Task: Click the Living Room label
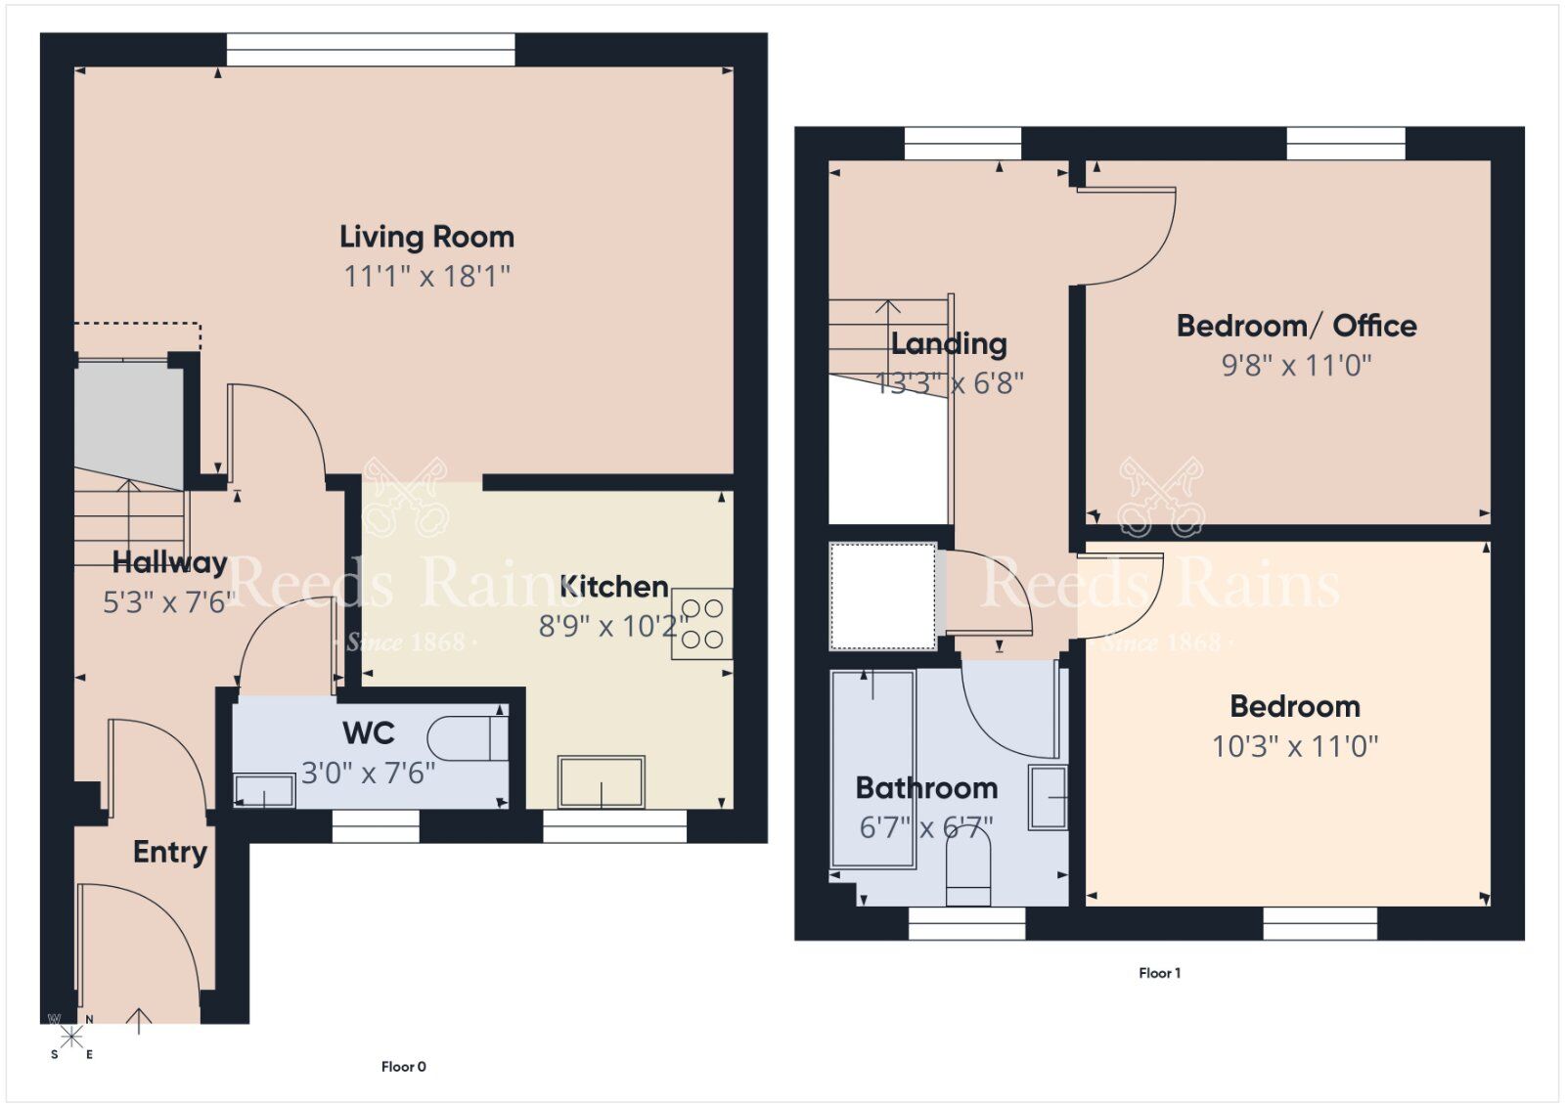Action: (x=426, y=237)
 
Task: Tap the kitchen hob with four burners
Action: (x=701, y=624)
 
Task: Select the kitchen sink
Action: (x=601, y=781)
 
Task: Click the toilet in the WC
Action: (x=468, y=738)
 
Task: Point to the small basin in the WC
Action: (x=264, y=790)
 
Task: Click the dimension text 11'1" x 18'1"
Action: (x=426, y=277)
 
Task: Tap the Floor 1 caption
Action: (x=1159, y=973)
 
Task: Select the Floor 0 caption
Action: (x=403, y=1067)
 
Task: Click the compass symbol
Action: (x=70, y=1037)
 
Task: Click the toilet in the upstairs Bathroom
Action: (x=968, y=873)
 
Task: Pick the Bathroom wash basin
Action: (x=1048, y=797)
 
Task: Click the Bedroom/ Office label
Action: (x=1296, y=326)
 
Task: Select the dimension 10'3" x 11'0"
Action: (x=1295, y=747)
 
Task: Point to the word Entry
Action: (x=170, y=852)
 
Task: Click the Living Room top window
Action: (x=371, y=50)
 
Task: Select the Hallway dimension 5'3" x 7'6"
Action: (x=169, y=602)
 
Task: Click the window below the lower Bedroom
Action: (x=1320, y=924)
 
